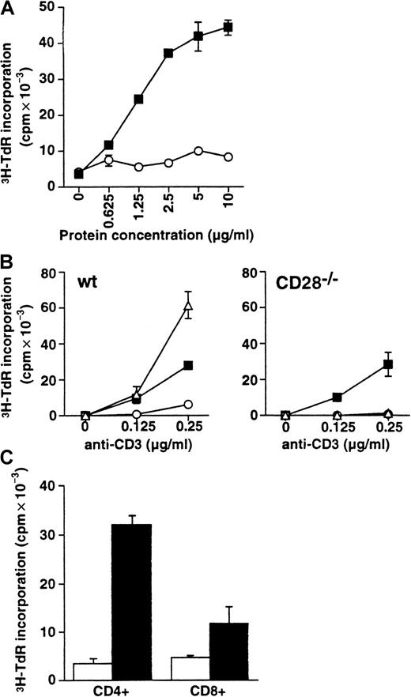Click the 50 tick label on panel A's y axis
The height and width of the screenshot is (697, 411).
[56, 7]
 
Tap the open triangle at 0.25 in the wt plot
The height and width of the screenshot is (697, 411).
[188, 306]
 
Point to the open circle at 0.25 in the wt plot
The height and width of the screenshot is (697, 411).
[188, 404]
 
